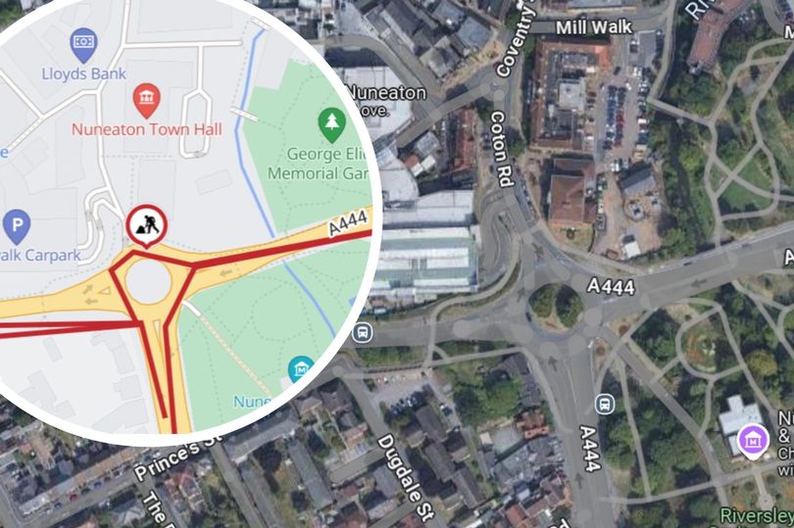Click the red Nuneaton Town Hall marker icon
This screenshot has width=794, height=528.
[x=146, y=99]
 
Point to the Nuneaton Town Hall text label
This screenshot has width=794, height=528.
[x=147, y=129]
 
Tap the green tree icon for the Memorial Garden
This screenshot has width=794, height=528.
[x=332, y=122]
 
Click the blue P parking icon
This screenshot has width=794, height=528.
[x=16, y=228]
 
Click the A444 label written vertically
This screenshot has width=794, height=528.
[x=589, y=448]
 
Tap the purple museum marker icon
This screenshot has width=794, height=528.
[x=752, y=439]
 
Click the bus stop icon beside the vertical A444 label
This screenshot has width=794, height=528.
[x=605, y=403]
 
